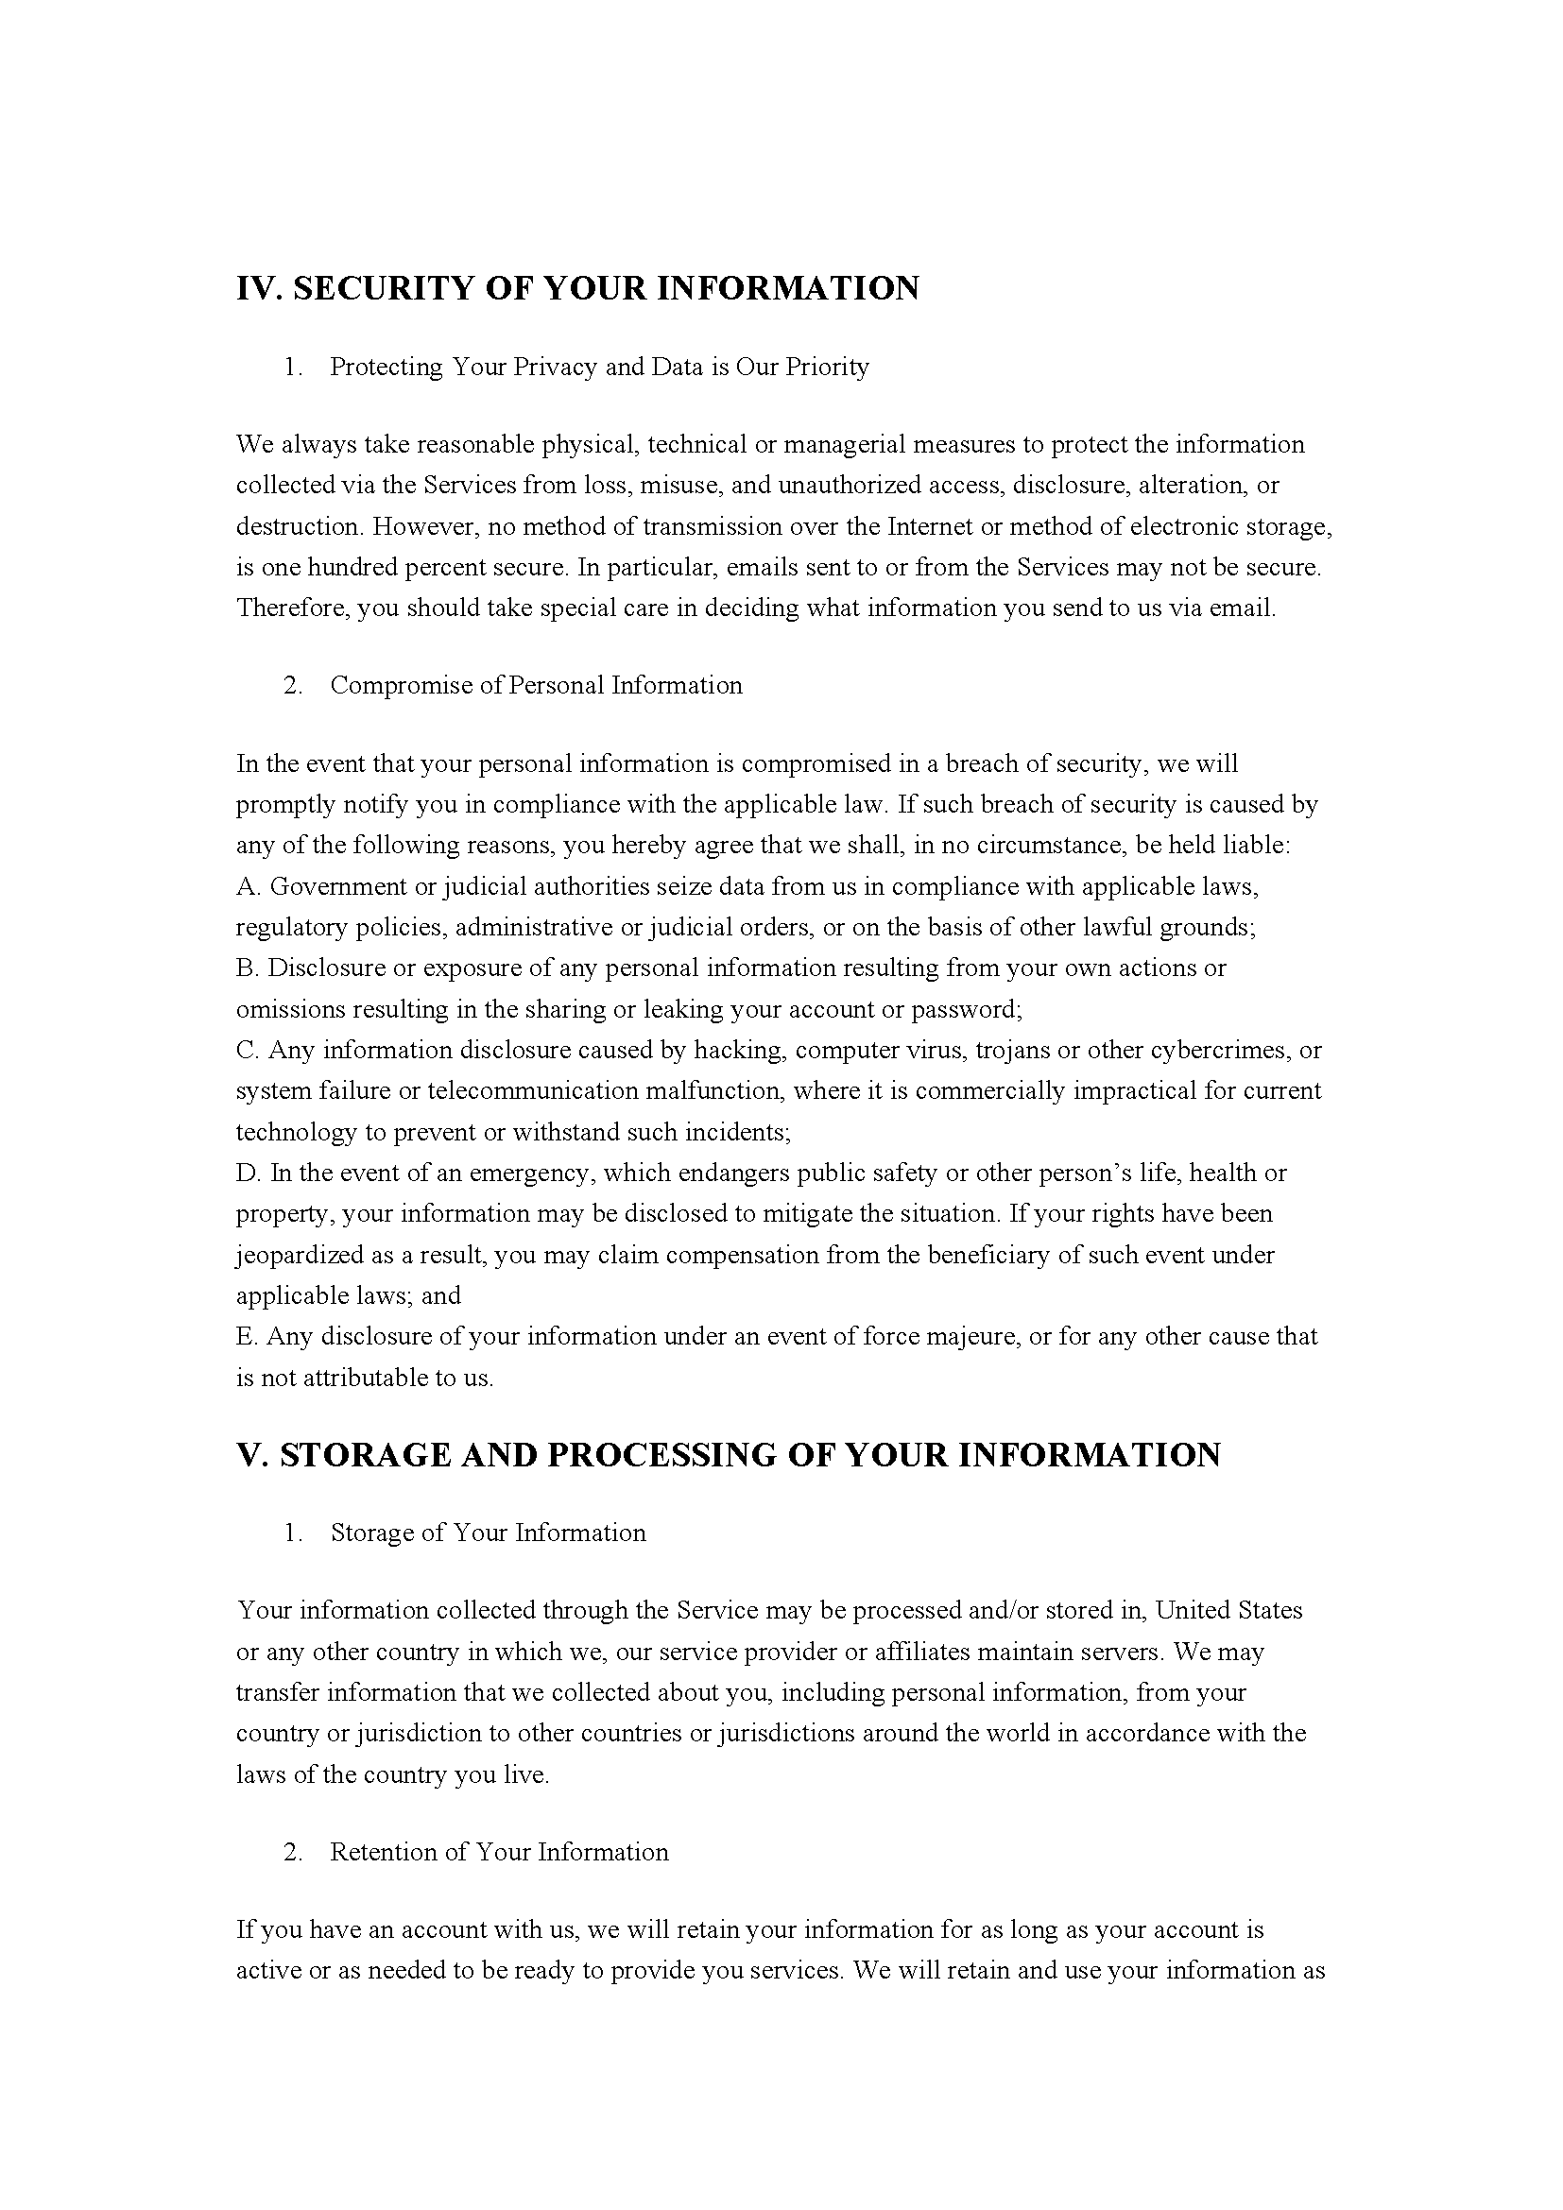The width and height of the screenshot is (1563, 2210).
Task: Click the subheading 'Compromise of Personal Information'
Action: pyautogui.click(x=536, y=685)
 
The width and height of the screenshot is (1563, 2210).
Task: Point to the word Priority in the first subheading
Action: pyautogui.click(x=827, y=367)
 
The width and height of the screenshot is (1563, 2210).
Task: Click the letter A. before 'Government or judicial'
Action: pyautogui.click(x=248, y=885)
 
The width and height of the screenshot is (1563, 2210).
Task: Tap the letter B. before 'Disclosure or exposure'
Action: pyautogui.click(x=248, y=968)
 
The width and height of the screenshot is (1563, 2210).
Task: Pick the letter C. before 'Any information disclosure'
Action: pyautogui.click(x=248, y=1050)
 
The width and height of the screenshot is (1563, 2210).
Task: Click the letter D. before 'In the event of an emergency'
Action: pyautogui.click(x=249, y=1173)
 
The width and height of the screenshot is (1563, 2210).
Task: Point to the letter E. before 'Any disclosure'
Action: pyautogui.click(x=248, y=1336)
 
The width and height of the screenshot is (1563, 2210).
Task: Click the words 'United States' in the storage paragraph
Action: pyautogui.click(x=1228, y=1610)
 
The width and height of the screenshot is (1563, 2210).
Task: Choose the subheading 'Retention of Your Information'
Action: pyautogui.click(x=499, y=1852)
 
